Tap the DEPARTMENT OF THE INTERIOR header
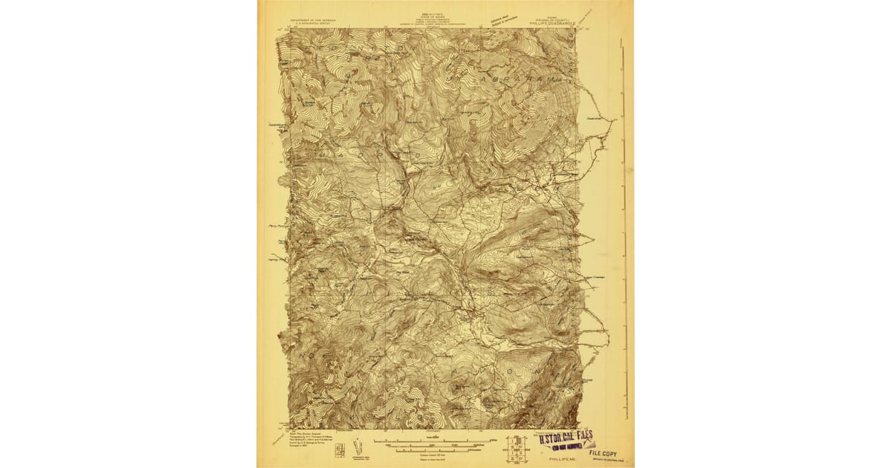(x=308, y=20)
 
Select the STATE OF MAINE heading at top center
(x=426, y=19)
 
